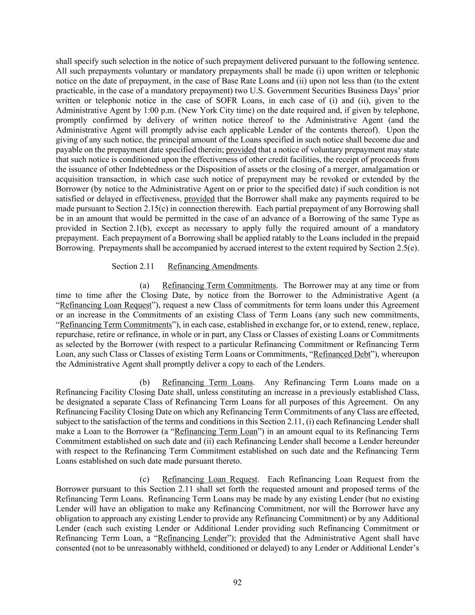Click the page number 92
coord(237,583)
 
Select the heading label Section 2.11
coord(133,266)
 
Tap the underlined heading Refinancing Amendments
coord(212,266)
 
